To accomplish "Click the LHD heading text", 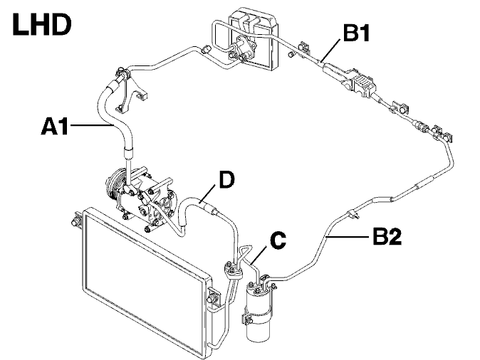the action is [41, 25].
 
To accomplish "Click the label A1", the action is [55, 126].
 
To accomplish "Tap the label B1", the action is [356, 33].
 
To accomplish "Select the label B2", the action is [387, 235].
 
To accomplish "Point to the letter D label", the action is [227, 179].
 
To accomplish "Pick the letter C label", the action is [278, 240].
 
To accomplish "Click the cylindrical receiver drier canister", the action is [259, 309].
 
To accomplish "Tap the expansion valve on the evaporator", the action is [242, 49].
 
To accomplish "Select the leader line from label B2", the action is [348, 236].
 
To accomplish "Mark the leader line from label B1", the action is [330, 51].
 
